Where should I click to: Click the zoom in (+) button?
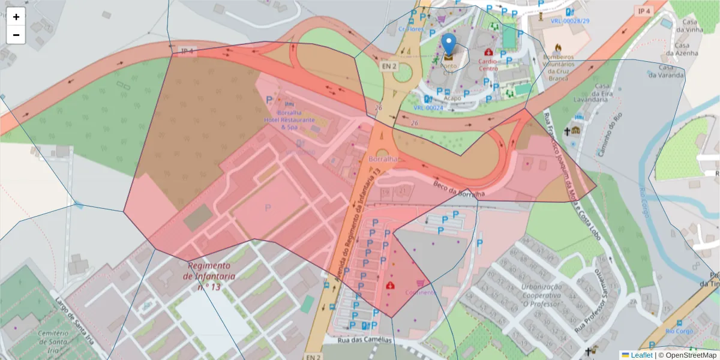[16, 17]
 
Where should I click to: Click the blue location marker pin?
[448, 46]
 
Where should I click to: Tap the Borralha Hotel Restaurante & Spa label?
[289, 120]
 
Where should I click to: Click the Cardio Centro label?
[488, 65]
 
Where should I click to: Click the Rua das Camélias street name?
[365, 340]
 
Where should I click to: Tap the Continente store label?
[420, 292]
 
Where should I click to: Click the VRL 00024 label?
[428, 108]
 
